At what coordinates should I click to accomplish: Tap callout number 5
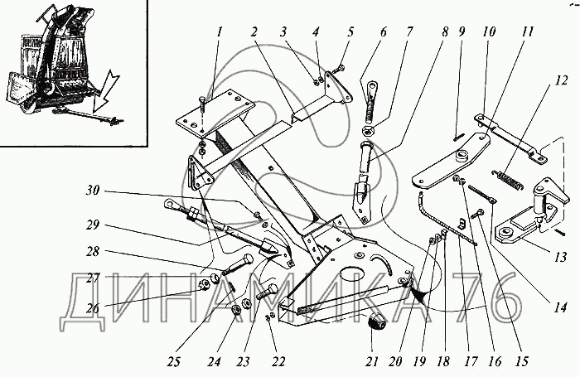(x=351, y=32)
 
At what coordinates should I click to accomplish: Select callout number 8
(x=446, y=32)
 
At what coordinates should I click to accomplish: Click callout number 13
(x=561, y=258)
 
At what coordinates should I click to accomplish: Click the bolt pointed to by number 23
(x=265, y=292)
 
